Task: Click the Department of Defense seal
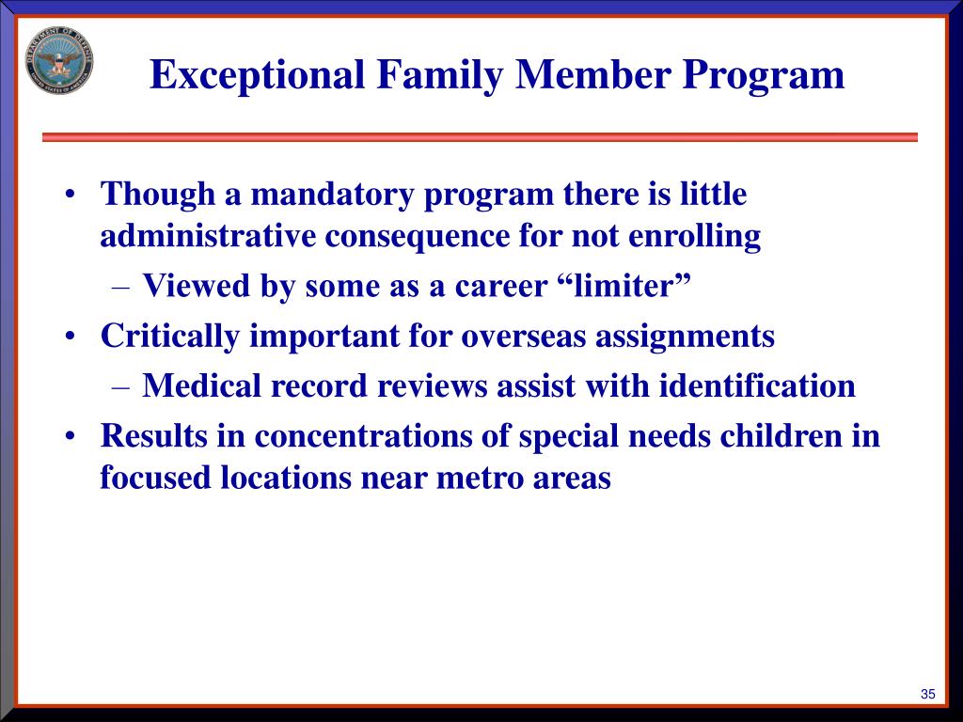[59, 60]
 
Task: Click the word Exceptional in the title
[258, 75]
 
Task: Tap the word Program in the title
[763, 75]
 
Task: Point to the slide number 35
[928, 694]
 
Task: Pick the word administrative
[208, 236]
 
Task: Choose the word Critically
[170, 337]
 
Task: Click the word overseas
[523, 337]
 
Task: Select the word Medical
[201, 385]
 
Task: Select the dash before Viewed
[121, 288]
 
